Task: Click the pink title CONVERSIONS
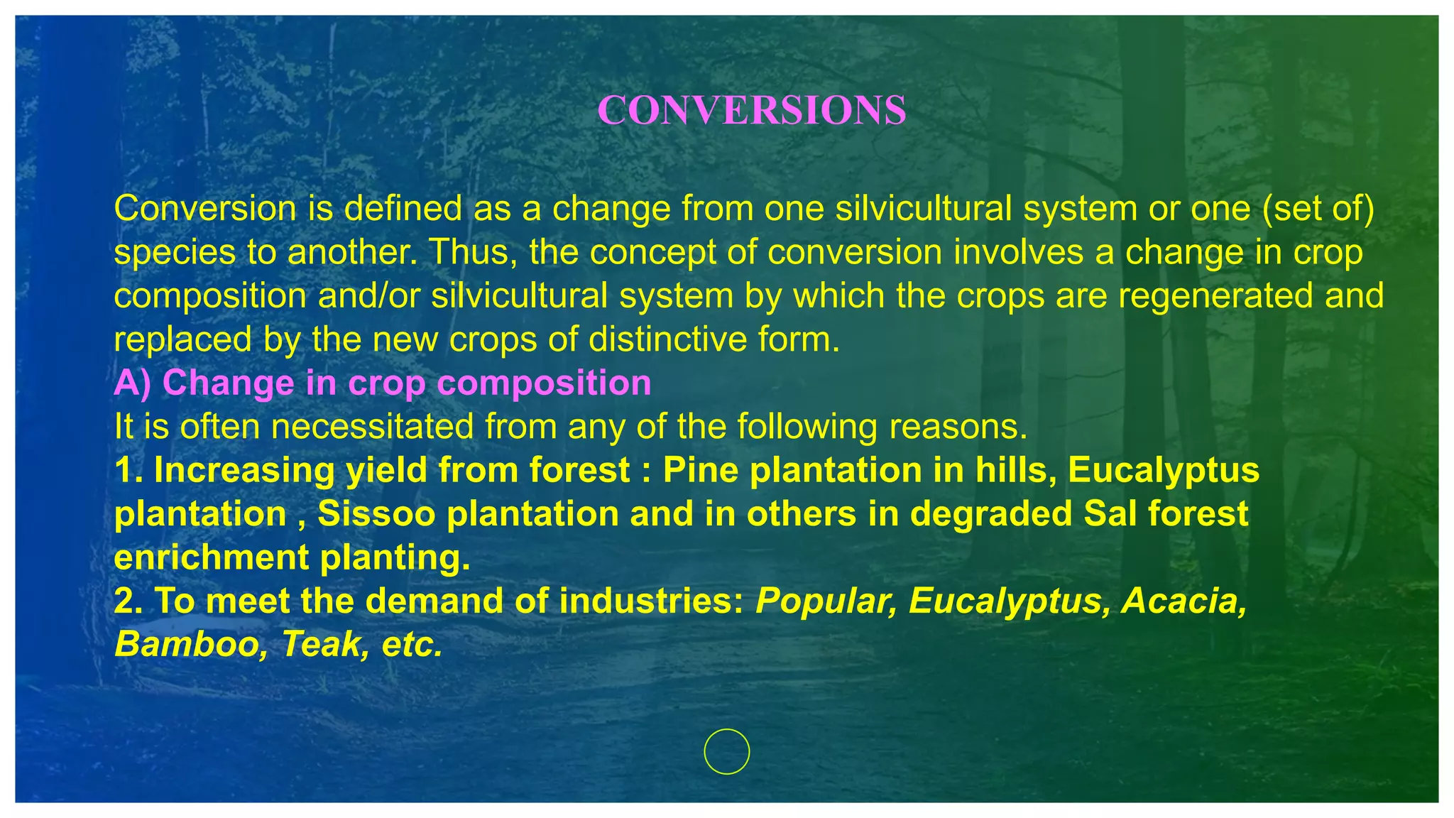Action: tap(751, 111)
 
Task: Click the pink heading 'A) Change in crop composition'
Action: tap(383, 383)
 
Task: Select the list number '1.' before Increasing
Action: tap(129, 470)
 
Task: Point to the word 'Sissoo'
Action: tap(376, 514)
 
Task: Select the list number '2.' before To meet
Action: tap(129, 601)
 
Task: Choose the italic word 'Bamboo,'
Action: tap(192, 645)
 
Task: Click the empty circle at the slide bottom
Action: tap(726, 751)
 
